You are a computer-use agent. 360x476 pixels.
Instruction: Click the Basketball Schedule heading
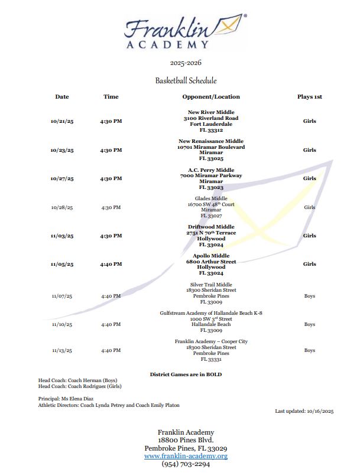click(x=186, y=80)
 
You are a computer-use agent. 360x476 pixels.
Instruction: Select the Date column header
click(x=62, y=97)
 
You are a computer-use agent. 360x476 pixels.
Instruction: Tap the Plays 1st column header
click(x=309, y=97)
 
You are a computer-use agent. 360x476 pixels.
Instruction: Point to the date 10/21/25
click(x=62, y=122)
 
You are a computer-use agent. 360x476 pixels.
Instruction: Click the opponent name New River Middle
click(x=211, y=112)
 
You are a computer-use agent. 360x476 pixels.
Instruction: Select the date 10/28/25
click(x=62, y=208)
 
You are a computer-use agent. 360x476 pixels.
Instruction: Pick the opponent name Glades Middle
click(x=211, y=198)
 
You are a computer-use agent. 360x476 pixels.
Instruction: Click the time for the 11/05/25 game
click(x=111, y=265)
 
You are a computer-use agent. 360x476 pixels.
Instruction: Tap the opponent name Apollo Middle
click(x=211, y=256)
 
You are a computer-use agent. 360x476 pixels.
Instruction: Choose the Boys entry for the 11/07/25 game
click(x=309, y=296)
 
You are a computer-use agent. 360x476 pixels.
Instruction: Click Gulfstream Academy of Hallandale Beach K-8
click(x=211, y=313)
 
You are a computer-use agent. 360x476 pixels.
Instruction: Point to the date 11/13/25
click(x=62, y=351)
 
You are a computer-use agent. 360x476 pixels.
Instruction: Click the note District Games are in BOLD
click(x=186, y=374)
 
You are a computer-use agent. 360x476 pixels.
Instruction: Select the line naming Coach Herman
click(x=78, y=380)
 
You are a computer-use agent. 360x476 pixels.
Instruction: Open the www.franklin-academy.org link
click(x=186, y=457)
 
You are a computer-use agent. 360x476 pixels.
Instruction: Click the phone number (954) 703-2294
click(x=186, y=464)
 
